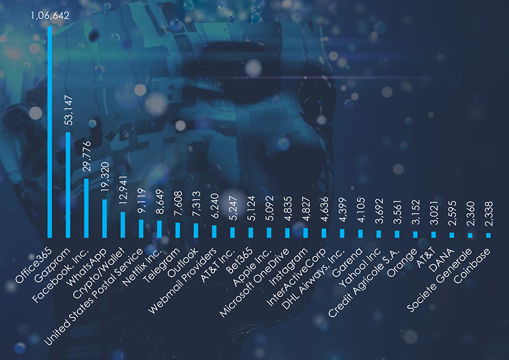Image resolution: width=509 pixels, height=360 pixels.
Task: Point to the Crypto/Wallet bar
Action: (123, 224)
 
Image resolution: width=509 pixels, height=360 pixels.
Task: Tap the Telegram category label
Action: (161, 261)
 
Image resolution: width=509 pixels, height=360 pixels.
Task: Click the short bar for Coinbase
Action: (488, 235)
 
